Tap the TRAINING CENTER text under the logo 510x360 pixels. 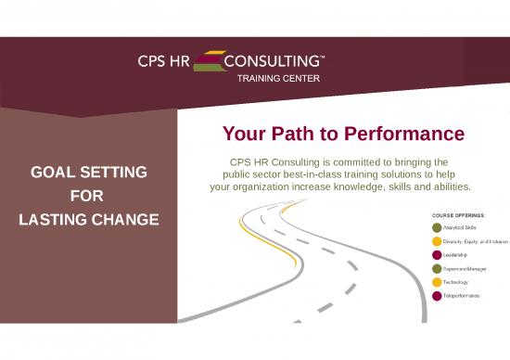pos(280,79)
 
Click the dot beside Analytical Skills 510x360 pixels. pos(437,226)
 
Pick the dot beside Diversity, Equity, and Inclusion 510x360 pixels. pos(437,240)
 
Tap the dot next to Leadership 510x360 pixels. pos(437,254)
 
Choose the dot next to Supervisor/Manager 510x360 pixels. pos(437,268)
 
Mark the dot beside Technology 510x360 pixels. pos(437,282)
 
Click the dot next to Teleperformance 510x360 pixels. pos(437,296)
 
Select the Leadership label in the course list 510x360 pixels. pos(454,254)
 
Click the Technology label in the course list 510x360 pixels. pos(455,282)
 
